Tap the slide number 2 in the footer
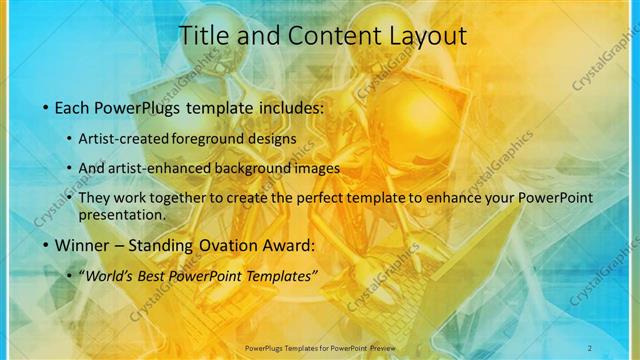pos(590,347)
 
